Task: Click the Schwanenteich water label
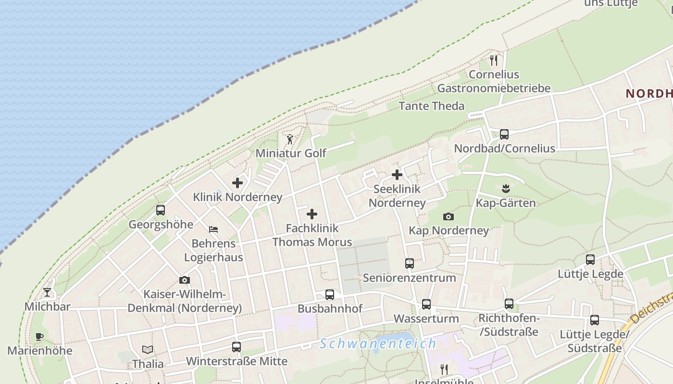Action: point(378,344)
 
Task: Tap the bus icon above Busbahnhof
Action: point(329,295)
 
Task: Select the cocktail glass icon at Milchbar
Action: point(47,292)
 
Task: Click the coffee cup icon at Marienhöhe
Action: point(39,336)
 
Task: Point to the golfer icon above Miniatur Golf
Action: point(290,140)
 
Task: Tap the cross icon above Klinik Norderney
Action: point(237,183)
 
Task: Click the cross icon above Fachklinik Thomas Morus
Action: point(312,214)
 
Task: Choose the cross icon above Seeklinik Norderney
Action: point(397,175)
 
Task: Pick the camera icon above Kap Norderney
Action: point(448,216)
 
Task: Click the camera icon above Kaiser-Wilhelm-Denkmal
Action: point(184,280)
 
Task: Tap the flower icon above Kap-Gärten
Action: point(505,188)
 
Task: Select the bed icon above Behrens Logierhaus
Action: point(213,229)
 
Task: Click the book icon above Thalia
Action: point(148,349)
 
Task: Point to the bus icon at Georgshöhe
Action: point(161,210)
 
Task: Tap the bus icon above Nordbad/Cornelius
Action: point(504,134)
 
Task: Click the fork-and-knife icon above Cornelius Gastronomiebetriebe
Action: point(494,60)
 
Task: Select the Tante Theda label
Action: point(432,106)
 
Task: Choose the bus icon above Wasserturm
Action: point(426,304)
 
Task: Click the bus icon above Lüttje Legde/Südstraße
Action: point(595,320)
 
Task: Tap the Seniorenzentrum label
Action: point(410,278)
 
